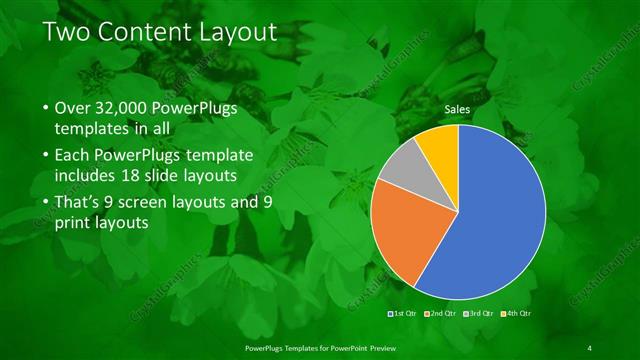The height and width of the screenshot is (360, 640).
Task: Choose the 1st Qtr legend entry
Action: tap(403, 313)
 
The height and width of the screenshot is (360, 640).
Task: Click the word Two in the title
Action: tap(68, 34)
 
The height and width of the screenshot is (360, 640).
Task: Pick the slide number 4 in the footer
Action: tap(589, 347)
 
